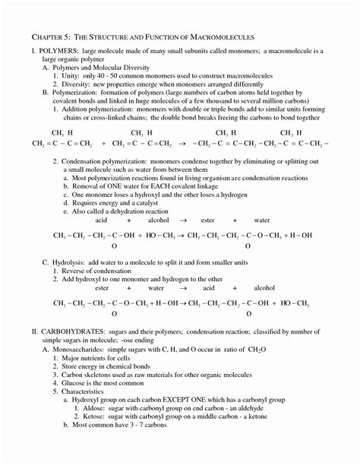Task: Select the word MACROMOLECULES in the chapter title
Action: (x=220, y=36)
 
